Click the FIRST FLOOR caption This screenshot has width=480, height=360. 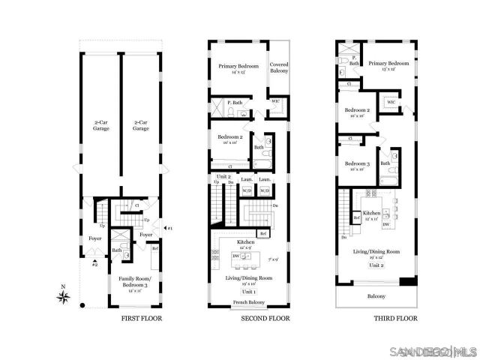pyautogui.click(x=142, y=318)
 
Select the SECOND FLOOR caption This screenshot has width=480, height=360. pyautogui.click(x=265, y=318)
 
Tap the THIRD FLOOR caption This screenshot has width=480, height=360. pyautogui.click(x=395, y=318)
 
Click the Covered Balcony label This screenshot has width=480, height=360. pyautogui.click(x=279, y=68)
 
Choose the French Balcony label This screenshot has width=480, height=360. pyautogui.click(x=249, y=302)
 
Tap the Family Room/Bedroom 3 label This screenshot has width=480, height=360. pyautogui.click(x=135, y=284)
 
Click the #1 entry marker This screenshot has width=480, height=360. pyautogui.click(x=169, y=228)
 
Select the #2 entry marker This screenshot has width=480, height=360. pyautogui.click(x=94, y=264)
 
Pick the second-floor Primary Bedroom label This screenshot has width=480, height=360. pyautogui.click(x=238, y=69)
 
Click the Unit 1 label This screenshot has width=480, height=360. pyautogui.click(x=249, y=290)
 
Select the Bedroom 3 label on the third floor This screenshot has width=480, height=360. pyautogui.click(x=358, y=166)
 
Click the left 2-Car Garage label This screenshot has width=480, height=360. pyautogui.click(x=100, y=126)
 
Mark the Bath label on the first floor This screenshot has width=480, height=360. pyautogui.click(x=117, y=250)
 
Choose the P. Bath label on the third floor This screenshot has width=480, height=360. pyautogui.click(x=353, y=61)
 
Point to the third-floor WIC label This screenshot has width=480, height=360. pyautogui.click(x=391, y=103)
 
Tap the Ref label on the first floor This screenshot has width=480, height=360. pyautogui.click(x=154, y=248)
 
